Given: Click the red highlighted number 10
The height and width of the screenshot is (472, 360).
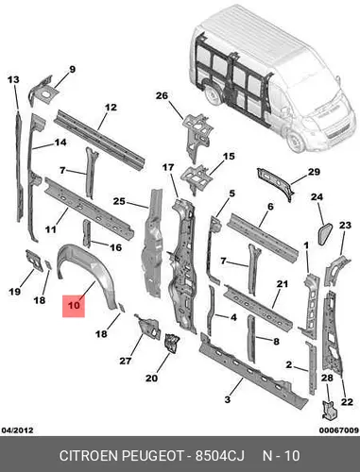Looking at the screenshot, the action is point(74,306).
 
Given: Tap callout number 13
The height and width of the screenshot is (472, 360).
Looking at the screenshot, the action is point(13,80).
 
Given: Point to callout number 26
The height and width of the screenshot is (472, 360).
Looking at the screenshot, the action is point(162,95).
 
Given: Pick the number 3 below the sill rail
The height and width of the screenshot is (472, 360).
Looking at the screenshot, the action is point(228,399).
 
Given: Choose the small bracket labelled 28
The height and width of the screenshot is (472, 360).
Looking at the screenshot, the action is point(329,410).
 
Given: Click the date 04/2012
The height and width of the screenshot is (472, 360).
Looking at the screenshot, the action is point(18,430).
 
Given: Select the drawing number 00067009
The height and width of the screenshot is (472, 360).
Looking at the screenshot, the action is point(339,430).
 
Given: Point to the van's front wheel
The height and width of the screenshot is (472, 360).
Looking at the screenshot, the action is point(296,142).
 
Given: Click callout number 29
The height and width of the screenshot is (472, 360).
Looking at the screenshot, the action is point(314,172).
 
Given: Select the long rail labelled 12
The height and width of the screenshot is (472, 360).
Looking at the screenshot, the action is point(99,140).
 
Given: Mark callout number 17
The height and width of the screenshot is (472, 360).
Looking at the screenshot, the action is point(168,167).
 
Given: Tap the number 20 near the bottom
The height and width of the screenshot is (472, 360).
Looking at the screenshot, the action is point(151,378).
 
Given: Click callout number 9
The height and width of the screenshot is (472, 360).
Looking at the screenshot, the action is point(72,69).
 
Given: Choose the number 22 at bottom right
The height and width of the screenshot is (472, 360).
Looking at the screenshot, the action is point(347,402).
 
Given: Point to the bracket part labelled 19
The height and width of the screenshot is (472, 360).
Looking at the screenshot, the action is point(34,260).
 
